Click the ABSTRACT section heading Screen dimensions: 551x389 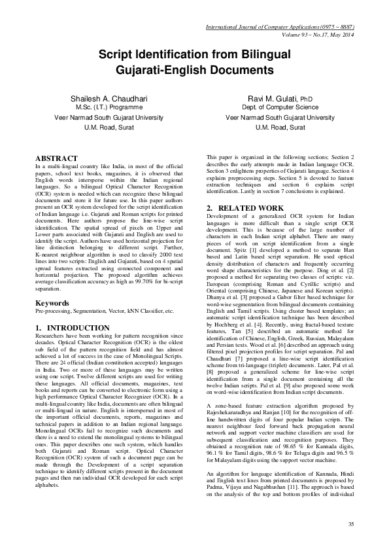(x=56, y=158)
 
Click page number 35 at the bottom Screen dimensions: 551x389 (x=350, y=524)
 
